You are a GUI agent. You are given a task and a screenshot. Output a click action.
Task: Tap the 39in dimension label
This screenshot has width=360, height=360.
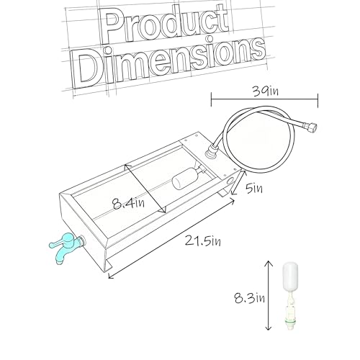[x=266, y=91]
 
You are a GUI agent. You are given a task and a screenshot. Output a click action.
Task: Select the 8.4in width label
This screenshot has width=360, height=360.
[x=129, y=204]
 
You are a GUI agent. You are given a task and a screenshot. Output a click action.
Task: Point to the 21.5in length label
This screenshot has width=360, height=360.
[x=203, y=240]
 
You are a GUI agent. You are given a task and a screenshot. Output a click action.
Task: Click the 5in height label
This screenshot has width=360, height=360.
[x=254, y=189]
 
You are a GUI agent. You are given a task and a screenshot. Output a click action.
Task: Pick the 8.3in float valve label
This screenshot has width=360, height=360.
[x=250, y=298]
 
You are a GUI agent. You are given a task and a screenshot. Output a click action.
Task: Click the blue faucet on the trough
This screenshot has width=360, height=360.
[x=67, y=247]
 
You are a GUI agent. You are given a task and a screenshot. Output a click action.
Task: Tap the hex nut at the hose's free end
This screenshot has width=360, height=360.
[x=311, y=127]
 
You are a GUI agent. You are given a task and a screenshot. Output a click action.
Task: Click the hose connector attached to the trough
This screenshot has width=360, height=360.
[x=211, y=152]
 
